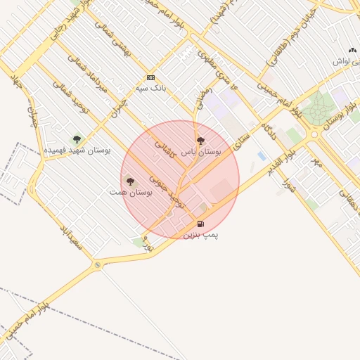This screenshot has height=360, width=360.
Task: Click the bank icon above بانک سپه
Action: pyautogui.click(x=150, y=77)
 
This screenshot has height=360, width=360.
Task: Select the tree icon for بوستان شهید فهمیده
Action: pyautogui.click(x=77, y=139)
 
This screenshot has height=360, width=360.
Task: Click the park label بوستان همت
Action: pyautogui.click(x=131, y=191)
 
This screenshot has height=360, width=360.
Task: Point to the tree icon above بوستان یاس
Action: pyautogui.click(x=201, y=141)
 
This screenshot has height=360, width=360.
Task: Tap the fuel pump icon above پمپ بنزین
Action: pyautogui.click(x=201, y=224)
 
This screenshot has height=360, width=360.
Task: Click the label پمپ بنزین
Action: pyautogui.click(x=201, y=234)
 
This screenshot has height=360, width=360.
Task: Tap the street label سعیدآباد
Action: pyautogui.click(x=71, y=238)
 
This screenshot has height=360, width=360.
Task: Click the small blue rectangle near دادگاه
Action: pyautogui.click(x=262, y=155)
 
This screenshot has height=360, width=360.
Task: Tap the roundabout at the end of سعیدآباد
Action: pyautogui.click(x=96, y=266)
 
